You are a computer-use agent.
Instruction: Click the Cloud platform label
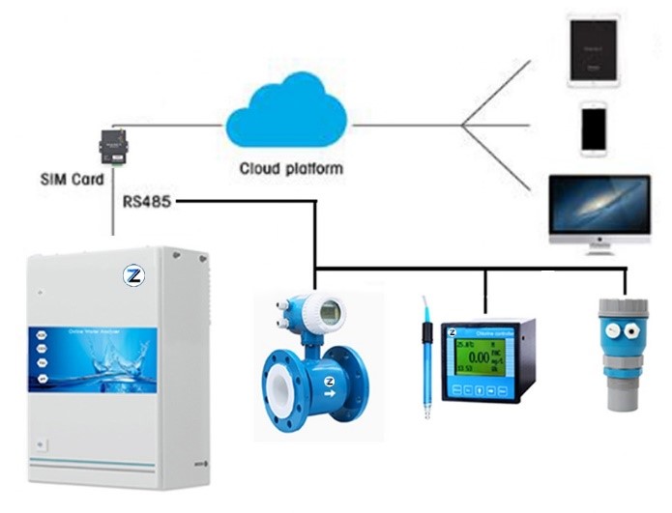(x=291, y=169)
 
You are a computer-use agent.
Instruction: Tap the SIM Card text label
(x=72, y=180)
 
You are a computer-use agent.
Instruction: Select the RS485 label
(x=147, y=202)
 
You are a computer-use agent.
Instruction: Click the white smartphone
(x=594, y=128)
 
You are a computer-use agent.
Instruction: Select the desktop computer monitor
(x=598, y=208)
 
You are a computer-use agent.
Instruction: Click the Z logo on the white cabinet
(x=134, y=276)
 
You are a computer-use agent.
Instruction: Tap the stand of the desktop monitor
(x=597, y=250)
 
